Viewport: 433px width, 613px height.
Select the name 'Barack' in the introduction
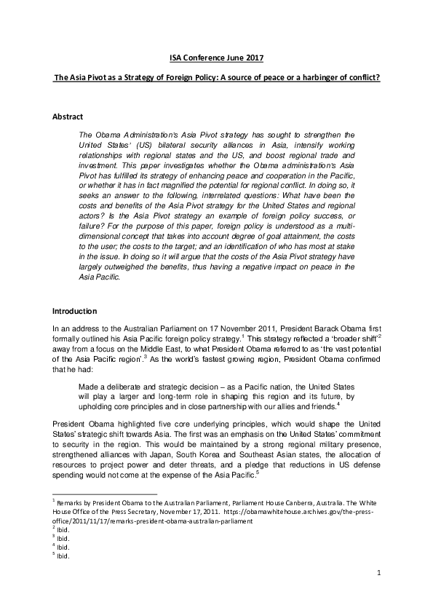[341, 328]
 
